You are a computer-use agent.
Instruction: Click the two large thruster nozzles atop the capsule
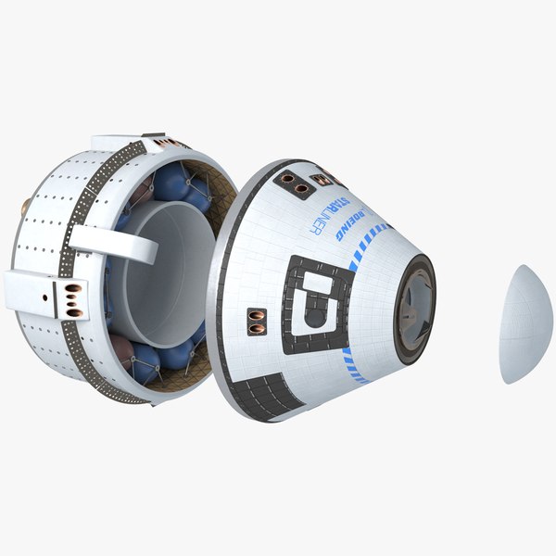(x=295, y=182)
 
